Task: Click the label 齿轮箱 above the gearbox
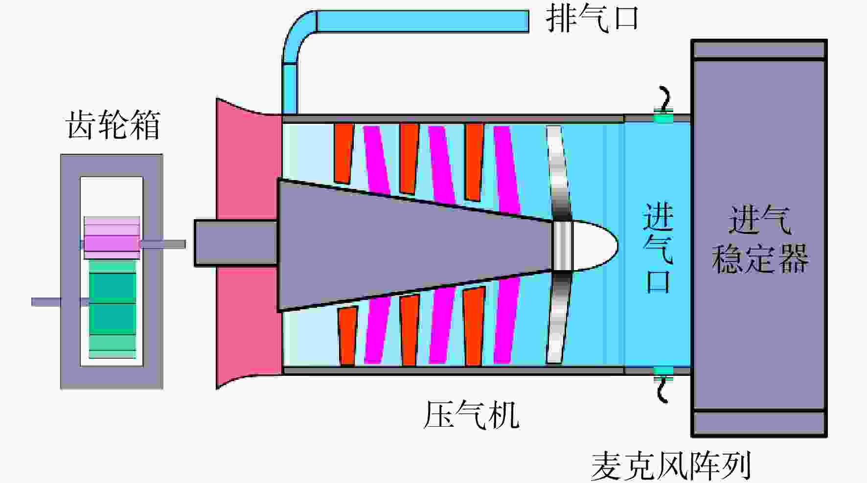coord(113,125)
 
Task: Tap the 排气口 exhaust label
coord(592,19)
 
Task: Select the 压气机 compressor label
coord(471,415)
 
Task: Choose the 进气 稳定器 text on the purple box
coord(759,240)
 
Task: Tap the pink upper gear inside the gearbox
coord(112,238)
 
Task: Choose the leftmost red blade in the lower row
coord(347,336)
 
